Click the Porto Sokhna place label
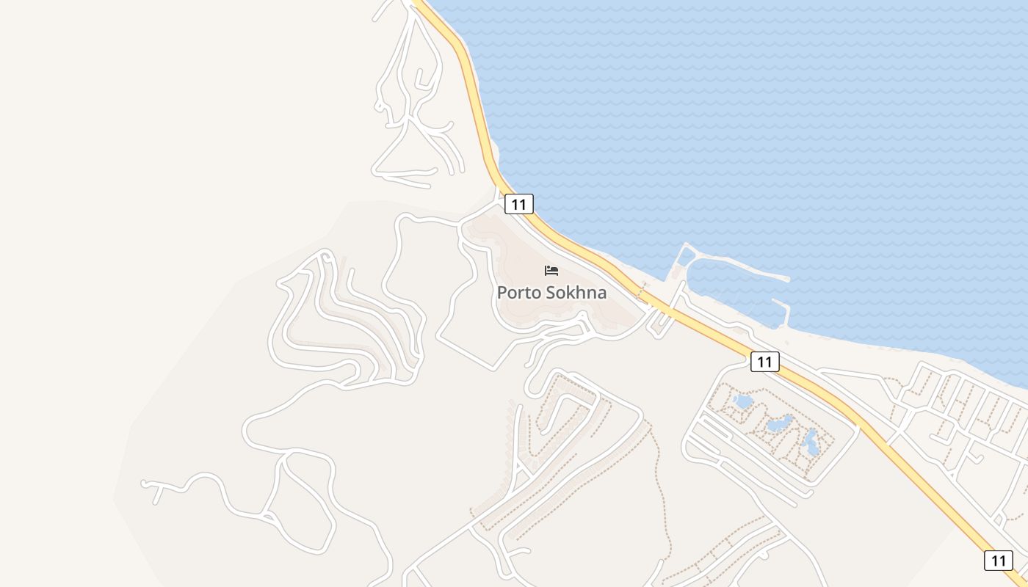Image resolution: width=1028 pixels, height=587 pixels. (x=551, y=292)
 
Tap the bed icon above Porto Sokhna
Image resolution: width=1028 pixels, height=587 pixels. (x=551, y=271)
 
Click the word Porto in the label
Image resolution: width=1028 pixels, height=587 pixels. (x=518, y=292)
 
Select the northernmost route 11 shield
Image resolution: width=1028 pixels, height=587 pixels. (x=519, y=204)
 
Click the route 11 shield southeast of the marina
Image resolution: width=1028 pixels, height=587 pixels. (x=765, y=361)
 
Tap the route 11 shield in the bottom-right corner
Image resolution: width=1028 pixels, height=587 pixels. (x=998, y=561)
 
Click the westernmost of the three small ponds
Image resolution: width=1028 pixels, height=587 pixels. (x=743, y=401)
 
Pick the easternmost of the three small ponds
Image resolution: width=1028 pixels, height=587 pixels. (x=811, y=442)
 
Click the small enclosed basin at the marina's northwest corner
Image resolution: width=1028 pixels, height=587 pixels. (x=686, y=256)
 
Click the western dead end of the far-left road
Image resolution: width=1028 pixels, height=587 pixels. (x=145, y=484)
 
